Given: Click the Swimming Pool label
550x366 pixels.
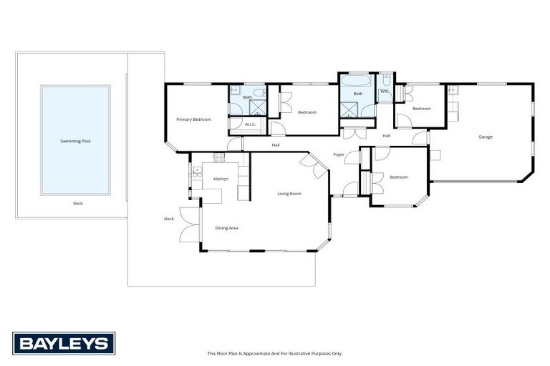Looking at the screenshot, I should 75,141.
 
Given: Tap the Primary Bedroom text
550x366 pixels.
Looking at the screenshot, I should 194,119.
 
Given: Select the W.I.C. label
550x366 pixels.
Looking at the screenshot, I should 250,124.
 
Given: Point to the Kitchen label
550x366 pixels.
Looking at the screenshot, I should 221,178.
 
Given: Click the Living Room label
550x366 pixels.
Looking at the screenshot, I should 289,193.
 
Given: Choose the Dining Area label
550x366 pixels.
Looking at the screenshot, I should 226,228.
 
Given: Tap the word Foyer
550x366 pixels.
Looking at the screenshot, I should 339,154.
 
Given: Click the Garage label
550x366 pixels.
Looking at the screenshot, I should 486,137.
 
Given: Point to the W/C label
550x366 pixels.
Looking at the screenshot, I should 385,91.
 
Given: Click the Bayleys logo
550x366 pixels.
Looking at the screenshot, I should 64,343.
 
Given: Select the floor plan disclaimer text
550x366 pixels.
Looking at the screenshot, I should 274,353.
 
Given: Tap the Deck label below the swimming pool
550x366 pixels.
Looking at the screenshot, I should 78,203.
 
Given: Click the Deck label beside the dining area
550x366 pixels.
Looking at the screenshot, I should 169,219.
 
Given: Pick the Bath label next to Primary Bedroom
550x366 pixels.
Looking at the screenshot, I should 247,97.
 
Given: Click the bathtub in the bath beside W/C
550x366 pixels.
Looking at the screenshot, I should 357,81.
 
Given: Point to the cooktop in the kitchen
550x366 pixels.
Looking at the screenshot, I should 219,157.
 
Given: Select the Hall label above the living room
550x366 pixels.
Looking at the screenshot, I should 276,145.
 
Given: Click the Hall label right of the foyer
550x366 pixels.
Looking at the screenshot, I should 386,136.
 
